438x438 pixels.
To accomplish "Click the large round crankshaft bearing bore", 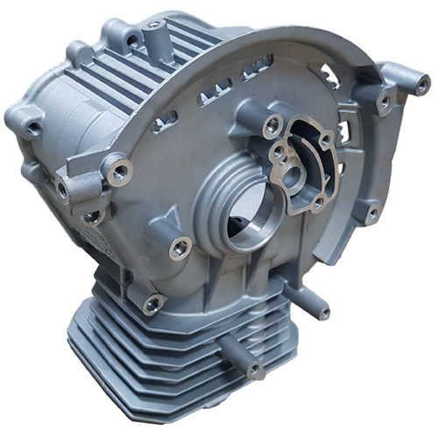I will (x=248, y=222).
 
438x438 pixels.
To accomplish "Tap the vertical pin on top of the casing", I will (x=155, y=32).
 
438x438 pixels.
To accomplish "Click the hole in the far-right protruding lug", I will (x=423, y=85).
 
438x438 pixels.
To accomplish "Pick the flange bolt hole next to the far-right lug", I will (x=384, y=103).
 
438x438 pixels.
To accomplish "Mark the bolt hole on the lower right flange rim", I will (x=371, y=213).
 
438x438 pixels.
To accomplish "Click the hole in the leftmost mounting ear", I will (x=32, y=129).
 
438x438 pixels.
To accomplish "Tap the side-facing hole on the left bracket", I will (x=63, y=187).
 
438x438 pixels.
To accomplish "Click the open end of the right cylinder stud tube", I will (x=323, y=312).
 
